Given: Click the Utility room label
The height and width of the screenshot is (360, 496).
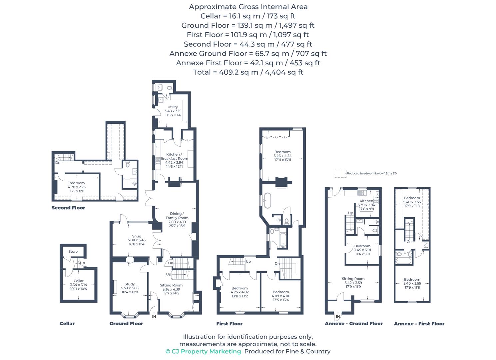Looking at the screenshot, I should (x=173, y=107).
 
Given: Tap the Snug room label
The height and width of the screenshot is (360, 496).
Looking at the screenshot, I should (x=137, y=236).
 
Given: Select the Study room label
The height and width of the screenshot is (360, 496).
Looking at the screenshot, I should (x=130, y=284).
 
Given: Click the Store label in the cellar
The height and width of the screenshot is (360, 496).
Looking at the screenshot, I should (x=73, y=252).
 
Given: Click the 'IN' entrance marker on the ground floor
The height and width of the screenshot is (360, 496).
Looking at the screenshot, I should (x=154, y=316).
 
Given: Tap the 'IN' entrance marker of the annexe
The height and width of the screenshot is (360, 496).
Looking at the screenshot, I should (x=338, y=316).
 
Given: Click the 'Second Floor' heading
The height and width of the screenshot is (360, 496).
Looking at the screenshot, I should (x=68, y=208).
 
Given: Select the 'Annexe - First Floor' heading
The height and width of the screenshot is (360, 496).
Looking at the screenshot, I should (x=419, y=324).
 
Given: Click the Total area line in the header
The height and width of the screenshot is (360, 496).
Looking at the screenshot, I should (x=248, y=72).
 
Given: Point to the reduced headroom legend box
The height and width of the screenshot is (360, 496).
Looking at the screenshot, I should (x=340, y=174).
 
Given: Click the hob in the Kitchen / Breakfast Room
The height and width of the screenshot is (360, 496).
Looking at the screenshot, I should (x=158, y=161).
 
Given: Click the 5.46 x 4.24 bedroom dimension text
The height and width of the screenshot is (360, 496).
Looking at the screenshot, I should (x=282, y=156).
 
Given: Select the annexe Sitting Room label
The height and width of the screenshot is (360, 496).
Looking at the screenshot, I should (x=353, y=279).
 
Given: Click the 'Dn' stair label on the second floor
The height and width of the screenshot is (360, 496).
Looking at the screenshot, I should (x=58, y=163).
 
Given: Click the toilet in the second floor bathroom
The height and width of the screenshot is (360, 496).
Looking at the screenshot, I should (x=127, y=164).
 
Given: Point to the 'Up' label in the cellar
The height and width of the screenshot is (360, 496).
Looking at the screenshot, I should (x=82, y=263).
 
